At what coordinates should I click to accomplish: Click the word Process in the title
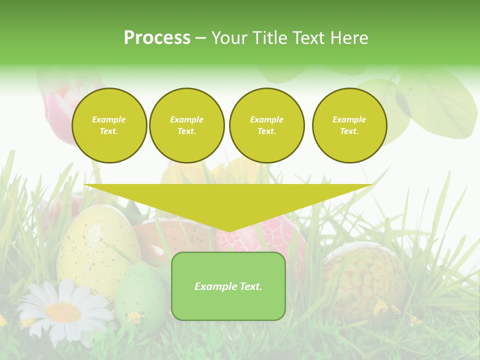tap(157, 38)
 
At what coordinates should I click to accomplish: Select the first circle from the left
tap(109, 125)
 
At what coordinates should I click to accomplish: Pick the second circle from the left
tap(187, 125)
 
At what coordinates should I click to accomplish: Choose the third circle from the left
tap(266, 125)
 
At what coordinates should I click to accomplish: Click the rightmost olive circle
tap(349, 125)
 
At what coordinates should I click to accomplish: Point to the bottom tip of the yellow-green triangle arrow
tap(228, 231)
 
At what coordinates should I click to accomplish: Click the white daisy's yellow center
tap(63, 312)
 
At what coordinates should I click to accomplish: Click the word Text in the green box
tap(250, 286)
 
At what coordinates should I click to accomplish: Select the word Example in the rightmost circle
tap(349, 119)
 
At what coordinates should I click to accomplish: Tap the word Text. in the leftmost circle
tap(109, 131)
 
